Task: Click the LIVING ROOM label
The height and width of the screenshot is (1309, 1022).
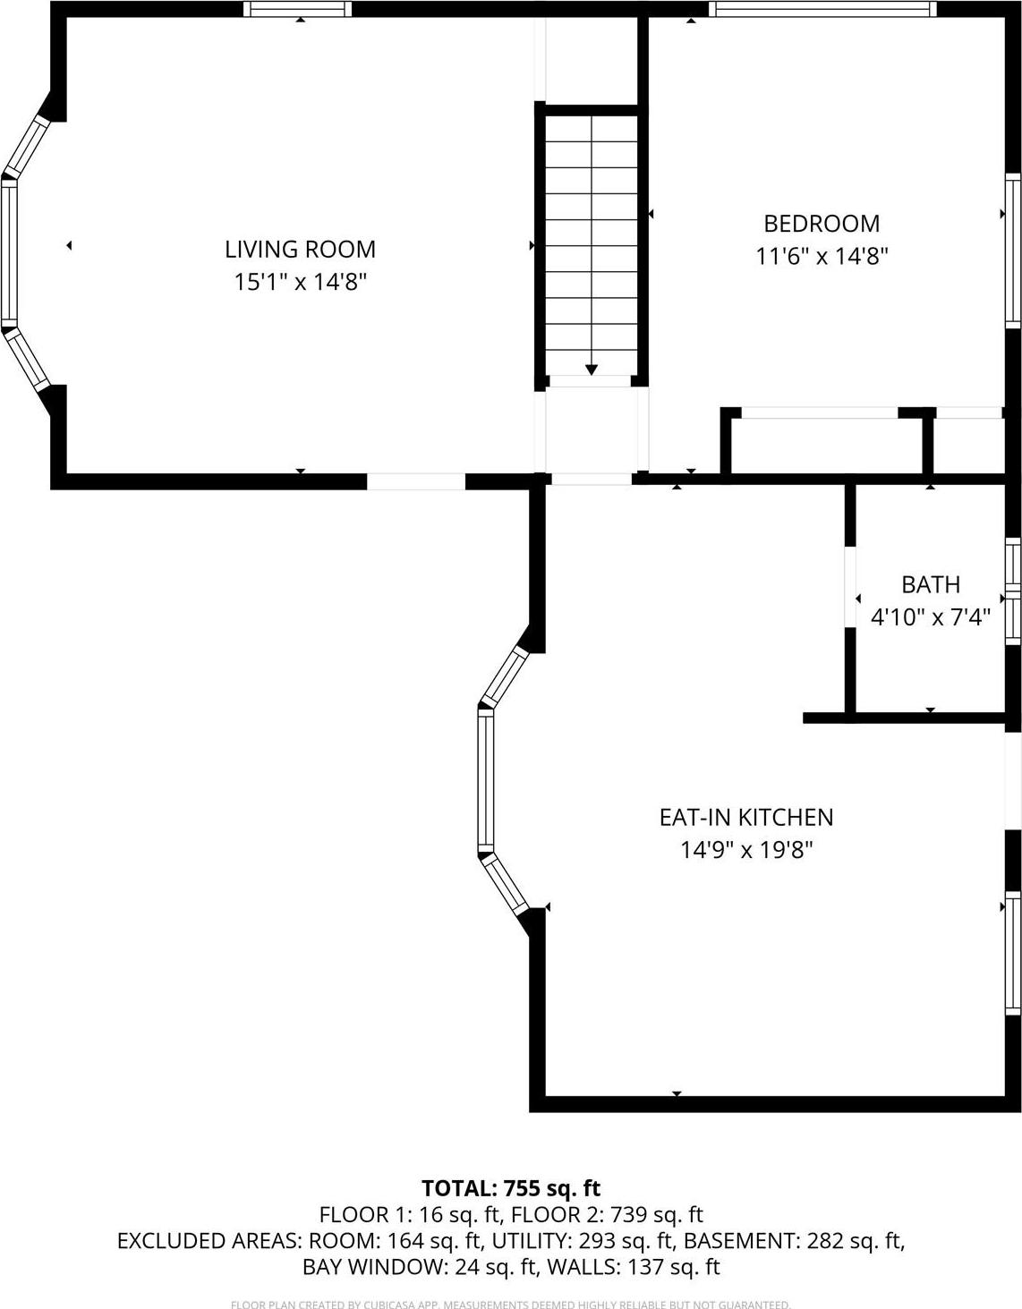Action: tap(300, 249)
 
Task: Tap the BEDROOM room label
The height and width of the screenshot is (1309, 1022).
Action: tap(821, 223)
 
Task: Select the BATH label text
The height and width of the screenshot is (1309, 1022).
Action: tap(931, 584)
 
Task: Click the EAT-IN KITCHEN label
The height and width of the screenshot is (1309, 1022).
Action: tap(745, 817)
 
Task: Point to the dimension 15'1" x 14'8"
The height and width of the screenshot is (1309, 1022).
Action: tap(300, 282)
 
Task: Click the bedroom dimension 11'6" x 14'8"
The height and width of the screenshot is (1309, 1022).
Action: tap(821, 257)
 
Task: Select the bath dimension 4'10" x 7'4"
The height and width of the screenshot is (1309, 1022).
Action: tap(931, 617)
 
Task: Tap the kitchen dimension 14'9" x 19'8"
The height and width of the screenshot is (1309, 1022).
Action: tap(745, 850)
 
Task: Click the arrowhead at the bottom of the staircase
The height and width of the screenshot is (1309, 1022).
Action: tap(592, 369)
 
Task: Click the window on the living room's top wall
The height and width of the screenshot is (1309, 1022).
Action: tap(298, 9)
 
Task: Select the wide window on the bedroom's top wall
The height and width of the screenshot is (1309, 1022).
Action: tap(822, 9)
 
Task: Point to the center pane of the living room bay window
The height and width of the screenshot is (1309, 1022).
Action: tap(9, 252)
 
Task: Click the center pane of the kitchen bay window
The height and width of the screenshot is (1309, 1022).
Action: tap(485, 779)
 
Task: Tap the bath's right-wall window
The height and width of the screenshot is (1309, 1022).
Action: tap(1013, 591)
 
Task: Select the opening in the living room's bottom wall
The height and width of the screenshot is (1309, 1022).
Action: tap(416, 481)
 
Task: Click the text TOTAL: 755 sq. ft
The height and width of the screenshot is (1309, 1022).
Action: tap(511, 1188)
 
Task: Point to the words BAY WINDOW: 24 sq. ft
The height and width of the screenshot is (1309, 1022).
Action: tap(420, 1267)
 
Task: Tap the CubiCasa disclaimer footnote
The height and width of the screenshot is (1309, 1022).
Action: tap(511, 1305)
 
